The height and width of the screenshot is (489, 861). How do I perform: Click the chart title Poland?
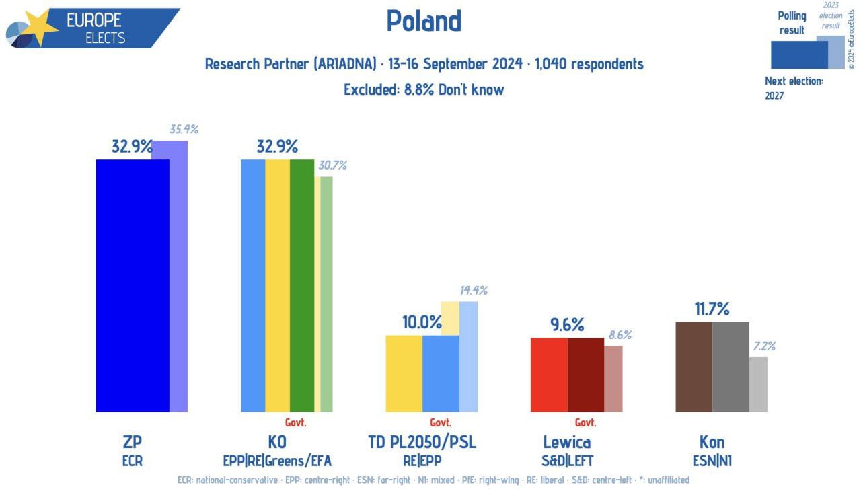click(x=424, y=22)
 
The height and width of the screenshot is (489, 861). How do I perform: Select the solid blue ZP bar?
click(x=133, y=285)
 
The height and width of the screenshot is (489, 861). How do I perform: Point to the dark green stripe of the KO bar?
click(x=302, y=285)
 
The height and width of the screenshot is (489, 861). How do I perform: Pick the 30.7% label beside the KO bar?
click(x=332, y=165)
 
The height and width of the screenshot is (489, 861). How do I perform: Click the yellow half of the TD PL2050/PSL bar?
click(x=404, y=373)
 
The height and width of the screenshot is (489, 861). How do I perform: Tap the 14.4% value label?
click(x=473, y=291)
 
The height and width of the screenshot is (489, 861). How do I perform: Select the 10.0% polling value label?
click(x=422, y=323)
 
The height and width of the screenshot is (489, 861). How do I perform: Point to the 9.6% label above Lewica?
click(x=567, y=326)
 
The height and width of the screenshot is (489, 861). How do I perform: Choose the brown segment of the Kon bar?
click(x=694, y=367)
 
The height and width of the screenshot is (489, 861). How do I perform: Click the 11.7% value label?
click(x=712, y=309)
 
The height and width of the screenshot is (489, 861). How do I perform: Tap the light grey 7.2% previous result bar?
click(x=758, y=384)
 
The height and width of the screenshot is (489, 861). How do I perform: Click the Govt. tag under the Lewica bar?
click(x=585, y=423)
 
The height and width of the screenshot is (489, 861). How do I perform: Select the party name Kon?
click(x=712, y=442)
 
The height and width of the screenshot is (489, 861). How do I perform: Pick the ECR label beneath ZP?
click(x=133, y=461)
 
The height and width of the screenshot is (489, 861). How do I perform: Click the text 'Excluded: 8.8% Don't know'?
click(x=424, y=89)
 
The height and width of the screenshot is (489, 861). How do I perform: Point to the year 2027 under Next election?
click(x=774, y=96)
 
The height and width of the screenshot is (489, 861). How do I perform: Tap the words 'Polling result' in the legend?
click(x=792, y=23)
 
